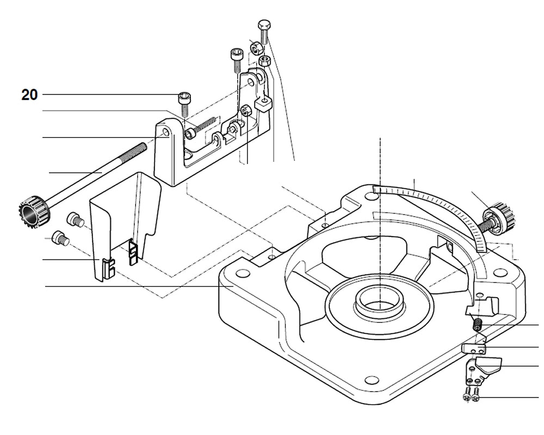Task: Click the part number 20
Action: click(29, 95)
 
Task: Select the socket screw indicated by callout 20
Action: click(184, 103)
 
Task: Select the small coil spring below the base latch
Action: click(477, 325)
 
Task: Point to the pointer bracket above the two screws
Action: click(481, 369)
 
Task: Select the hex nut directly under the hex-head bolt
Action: click(264, 60)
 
